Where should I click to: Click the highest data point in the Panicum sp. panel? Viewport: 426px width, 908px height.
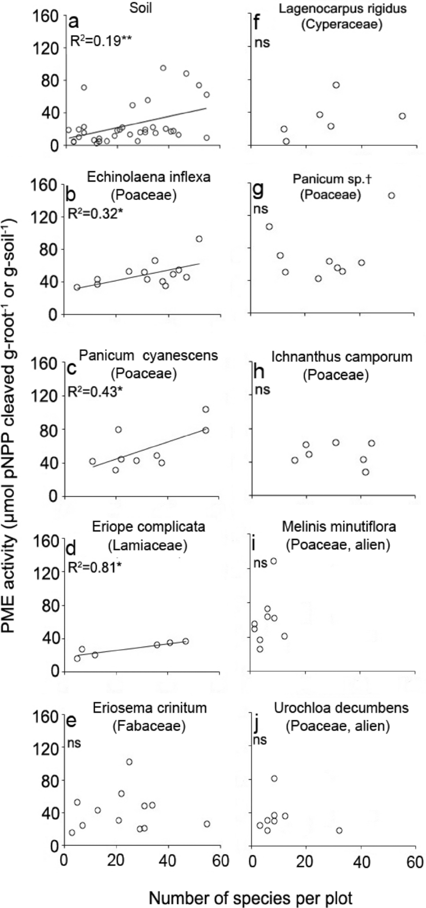tap(391, 196)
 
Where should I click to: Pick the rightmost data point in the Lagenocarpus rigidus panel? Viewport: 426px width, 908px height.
tap(402, 116)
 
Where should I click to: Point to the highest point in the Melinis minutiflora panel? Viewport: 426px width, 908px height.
tap(273, 561)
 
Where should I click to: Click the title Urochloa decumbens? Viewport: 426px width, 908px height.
tap(341, 708)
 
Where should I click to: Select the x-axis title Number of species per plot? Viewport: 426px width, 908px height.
tap(250, 885)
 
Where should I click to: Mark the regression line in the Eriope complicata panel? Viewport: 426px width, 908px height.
tap(131, 648)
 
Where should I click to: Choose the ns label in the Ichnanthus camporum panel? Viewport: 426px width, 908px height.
tap(263, 389)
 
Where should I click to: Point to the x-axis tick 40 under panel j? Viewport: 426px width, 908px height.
tap(361, 862)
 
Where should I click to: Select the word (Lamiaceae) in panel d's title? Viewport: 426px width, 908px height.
tap(148, 546)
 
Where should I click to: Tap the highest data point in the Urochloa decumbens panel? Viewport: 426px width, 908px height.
tap(274, 779)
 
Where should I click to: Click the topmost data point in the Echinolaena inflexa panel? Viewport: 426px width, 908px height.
tap(199, 239)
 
